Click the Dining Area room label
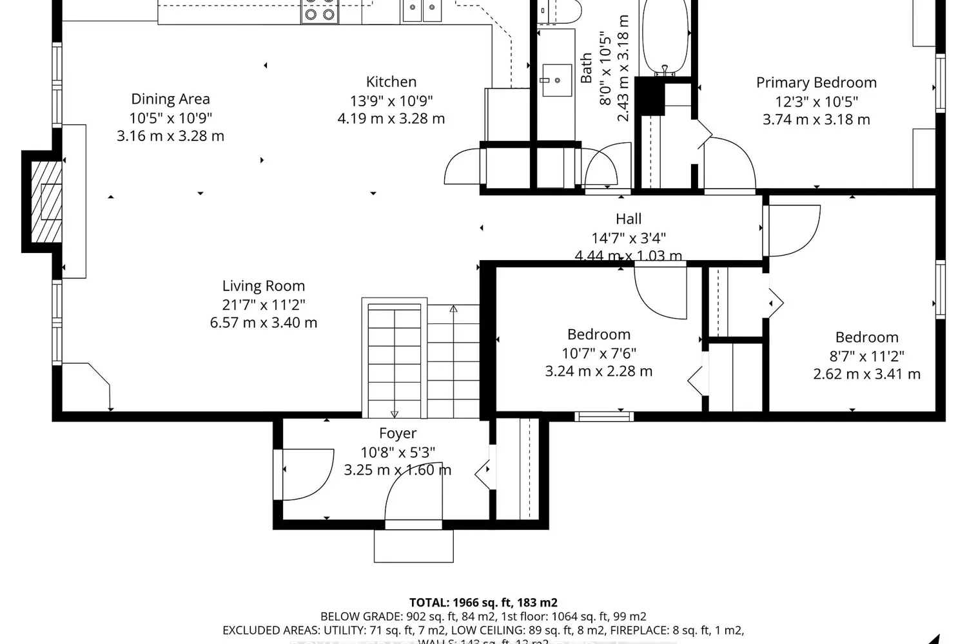(170, 99)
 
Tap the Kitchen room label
(391, 82)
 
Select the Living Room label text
(263, 286)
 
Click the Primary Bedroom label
(816, 82)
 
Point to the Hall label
(628, 219)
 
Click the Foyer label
(397, 433)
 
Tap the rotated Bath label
(586, 68)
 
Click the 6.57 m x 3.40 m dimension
(263, 323)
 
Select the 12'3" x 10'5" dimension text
(816, 101)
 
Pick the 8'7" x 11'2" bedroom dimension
(866, 355)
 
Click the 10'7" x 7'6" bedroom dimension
(598, 353)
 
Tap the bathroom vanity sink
(556, 80)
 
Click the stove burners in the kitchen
(320, 12)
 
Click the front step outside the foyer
(413, 546)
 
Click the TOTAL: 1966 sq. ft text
(483, 603)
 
